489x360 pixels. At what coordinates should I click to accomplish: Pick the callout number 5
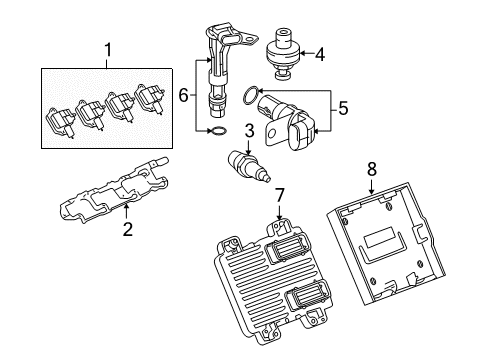tap(341, 107)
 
